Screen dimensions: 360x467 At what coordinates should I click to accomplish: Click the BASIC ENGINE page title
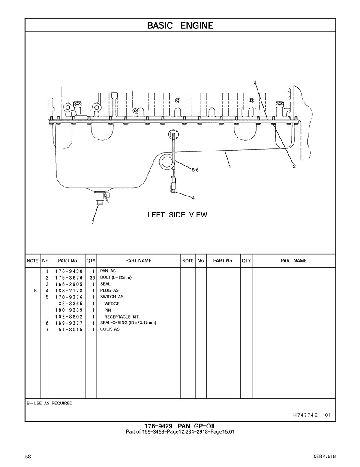pyautogui.click(x=180, y=26)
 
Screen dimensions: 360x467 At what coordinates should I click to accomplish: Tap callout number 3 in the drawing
pyautogui.click(x=255, y=82)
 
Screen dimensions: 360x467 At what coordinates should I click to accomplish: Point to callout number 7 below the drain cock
pyautogui.click(x=93, y=222)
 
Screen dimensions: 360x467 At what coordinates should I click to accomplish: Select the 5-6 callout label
pyautogui.click(x=195, y=170)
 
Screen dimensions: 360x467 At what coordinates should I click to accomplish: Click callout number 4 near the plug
pyautogui.click(x=193, y=198)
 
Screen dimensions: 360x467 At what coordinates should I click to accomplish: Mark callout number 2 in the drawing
pyautogui.click(x=294, y=166)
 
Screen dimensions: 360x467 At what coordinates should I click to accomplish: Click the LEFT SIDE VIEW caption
pyautogui.click(x=177, y=215)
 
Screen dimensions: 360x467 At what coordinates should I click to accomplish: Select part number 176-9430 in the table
pyautogui.click(x=69, y=271)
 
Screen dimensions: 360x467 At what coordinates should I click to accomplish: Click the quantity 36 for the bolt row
pyautogui.click(x=92, y=278)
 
